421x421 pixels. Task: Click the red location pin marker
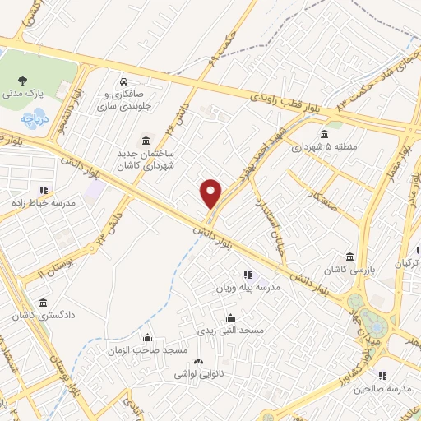pyautogui.click(x=211, y=192)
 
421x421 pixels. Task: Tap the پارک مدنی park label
pyautogui.click(x=23, y=95)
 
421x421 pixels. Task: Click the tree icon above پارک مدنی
pyautogui.click(x=23, y=81)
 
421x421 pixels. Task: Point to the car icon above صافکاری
pyautogui.click(x=122, y=82)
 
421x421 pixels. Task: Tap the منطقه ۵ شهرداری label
pyautogui.click(x=326, y=147)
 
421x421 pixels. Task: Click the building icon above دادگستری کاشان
pyautogui.click(x=43, y=302)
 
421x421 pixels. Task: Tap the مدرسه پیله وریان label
pyautogui.click(x=248, y=288)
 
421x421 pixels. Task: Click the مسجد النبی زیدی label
pyautogui.click(x=229, y=330)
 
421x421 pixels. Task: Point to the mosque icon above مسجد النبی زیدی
pyautogui.click(x=229, y=317)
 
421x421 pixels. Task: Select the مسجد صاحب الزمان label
pyautogui.click(x=148, y=350)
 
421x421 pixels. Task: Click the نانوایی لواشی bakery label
pyautogui.click(x=198, y=373)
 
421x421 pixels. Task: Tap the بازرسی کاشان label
pyautogui.click(x=349, y=269)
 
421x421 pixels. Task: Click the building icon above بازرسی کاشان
pyautogui.click(x=350, y=256)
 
